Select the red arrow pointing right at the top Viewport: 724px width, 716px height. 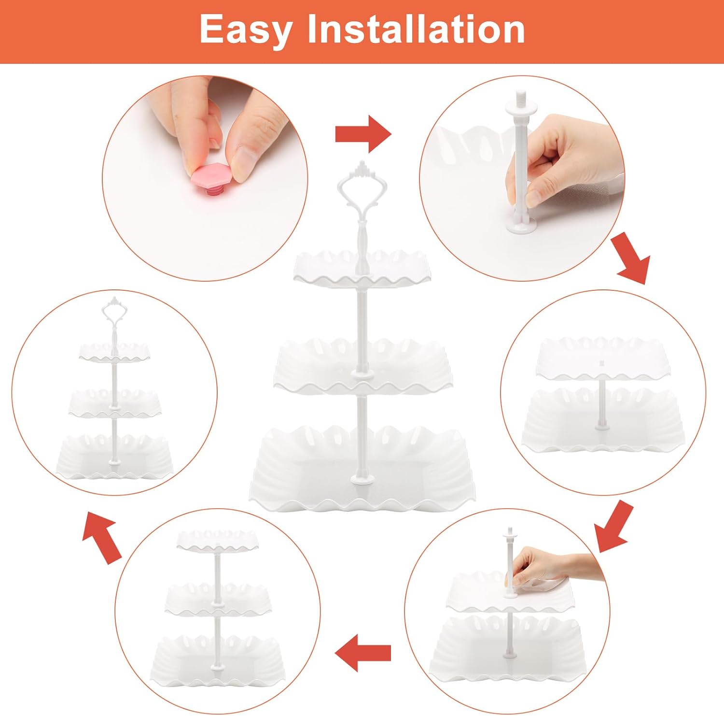[363, 134]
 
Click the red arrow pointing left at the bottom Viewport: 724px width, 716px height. [362, 653]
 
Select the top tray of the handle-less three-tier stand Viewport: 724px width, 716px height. [217, 541]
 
